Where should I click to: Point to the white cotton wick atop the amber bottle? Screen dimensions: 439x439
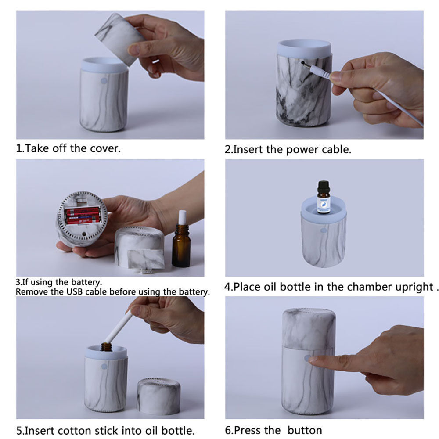tap(182, 217)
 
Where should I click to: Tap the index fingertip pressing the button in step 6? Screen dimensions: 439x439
tap(312, 359)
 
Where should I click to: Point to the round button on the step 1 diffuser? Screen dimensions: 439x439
tap(104, 81)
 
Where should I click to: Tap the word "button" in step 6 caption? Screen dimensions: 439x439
tap(305, 430)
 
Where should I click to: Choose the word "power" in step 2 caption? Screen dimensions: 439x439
tap(302, 149)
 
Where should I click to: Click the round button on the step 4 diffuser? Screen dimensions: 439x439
tap(324, 230)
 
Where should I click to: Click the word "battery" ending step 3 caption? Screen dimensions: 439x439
tap(193, 292)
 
